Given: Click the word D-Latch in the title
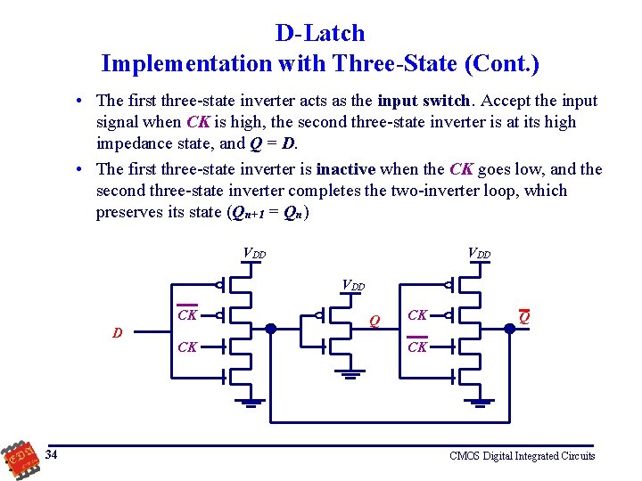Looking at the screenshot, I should (x=320, y=34).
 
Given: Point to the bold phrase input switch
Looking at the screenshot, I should (x=424, y=101).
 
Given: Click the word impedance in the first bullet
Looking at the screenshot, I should (x=136, y=143).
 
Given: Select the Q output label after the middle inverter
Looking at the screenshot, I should (x=374, y=320).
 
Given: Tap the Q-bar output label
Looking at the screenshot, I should (x=524, y=317).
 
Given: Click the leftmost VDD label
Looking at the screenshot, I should (x=254, y=253).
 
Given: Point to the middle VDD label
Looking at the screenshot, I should (x=354, y=286).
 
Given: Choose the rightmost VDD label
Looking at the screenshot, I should (x=480, y=253).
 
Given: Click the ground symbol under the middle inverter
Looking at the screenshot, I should (x=350, y=373).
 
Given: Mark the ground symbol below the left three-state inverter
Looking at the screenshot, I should (x=251, y=402).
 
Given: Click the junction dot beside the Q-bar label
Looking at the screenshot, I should (x=510, y=328).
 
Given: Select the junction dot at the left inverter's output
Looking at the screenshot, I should (x=270, y=328).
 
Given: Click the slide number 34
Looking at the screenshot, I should (x=53, y=456).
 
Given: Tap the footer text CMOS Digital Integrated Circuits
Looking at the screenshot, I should (x=523, y=456).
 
